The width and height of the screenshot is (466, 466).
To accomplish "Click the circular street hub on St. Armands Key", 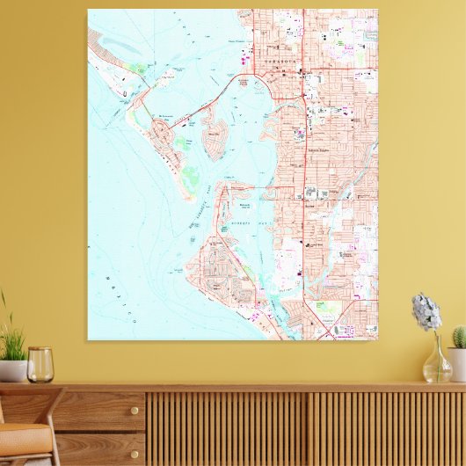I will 164,134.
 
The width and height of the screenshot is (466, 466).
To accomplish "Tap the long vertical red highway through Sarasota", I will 303,176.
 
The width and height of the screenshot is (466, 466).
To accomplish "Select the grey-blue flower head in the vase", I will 426,312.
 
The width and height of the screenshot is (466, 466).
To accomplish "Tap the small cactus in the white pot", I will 458,338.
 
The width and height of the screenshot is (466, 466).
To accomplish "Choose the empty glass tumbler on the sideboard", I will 40,364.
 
